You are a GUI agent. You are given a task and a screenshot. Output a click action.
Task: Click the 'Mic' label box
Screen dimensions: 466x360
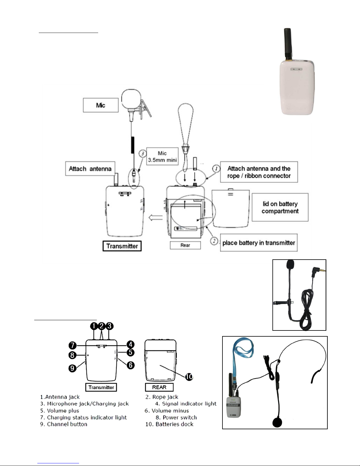[101, 105]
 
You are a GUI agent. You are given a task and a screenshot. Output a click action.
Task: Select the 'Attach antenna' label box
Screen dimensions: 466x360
[90, 169]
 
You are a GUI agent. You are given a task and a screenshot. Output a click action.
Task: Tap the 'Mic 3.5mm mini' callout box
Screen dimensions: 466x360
[162, 156]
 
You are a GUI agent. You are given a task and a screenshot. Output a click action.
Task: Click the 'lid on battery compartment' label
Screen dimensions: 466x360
[280, 207]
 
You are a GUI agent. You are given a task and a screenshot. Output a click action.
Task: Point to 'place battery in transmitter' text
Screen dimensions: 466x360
[259, 243]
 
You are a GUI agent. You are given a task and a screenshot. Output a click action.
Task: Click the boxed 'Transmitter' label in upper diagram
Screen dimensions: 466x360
[122, 246]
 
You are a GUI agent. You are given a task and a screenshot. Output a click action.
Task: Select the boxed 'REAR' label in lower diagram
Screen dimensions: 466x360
[159, 387]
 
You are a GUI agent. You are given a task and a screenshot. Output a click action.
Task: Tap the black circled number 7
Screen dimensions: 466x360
[73, 345]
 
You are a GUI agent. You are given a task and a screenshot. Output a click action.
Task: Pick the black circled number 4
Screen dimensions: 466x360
[130, 344]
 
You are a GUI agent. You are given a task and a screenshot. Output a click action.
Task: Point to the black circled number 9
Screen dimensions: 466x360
[73, 368]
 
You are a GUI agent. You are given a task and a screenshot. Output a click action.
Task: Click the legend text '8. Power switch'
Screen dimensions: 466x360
[176, 417]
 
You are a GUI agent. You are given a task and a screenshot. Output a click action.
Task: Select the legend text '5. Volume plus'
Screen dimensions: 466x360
[60, 411]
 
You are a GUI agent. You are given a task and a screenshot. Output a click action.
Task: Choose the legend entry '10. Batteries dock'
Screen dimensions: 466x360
[169, 424]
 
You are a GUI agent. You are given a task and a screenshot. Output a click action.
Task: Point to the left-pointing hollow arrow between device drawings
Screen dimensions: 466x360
[155, 218]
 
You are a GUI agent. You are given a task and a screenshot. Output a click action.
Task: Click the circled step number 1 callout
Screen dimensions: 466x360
[216, 169]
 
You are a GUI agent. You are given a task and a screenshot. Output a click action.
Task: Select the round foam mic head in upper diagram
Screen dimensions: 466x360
[131, 100]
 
